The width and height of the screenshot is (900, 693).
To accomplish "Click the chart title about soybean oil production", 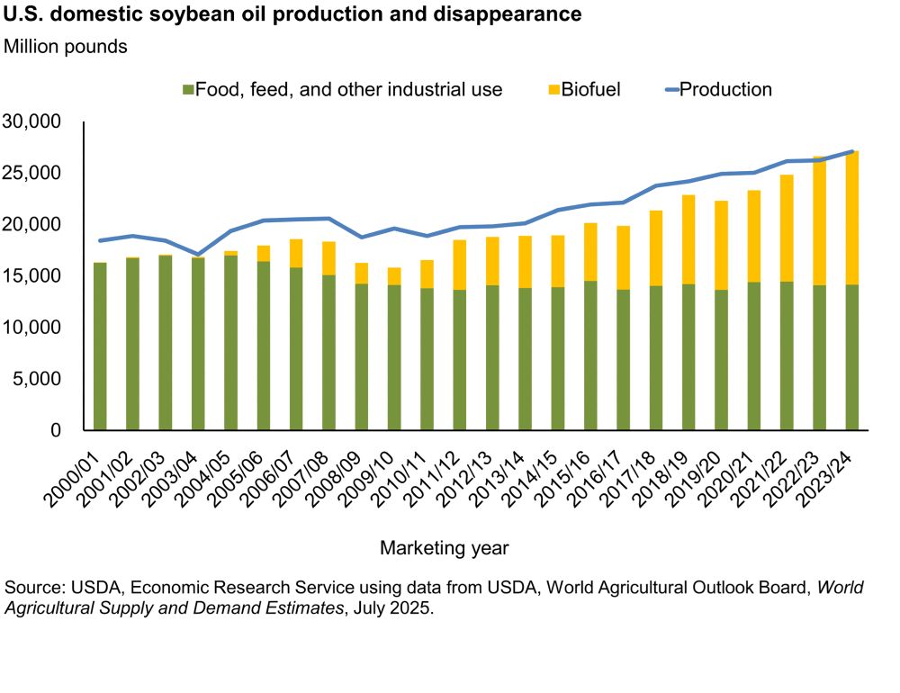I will pyautogui.click(x=292, y=15).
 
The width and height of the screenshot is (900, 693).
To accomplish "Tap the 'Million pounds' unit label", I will pyautogui.click(x=66, y=47).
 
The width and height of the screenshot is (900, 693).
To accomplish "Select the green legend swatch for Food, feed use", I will pyautogui.click(x=188, y=90).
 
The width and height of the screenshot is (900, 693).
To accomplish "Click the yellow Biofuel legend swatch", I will pyautogui.click(x=553, y=90).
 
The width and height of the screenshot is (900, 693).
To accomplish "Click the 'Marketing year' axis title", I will pyautogui.click(x=445, y=547).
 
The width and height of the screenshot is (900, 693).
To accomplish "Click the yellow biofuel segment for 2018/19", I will pyautogui.click(x=688, y=239).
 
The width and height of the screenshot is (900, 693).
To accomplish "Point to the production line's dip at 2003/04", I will pyautogui.click(x=198, y=255).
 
